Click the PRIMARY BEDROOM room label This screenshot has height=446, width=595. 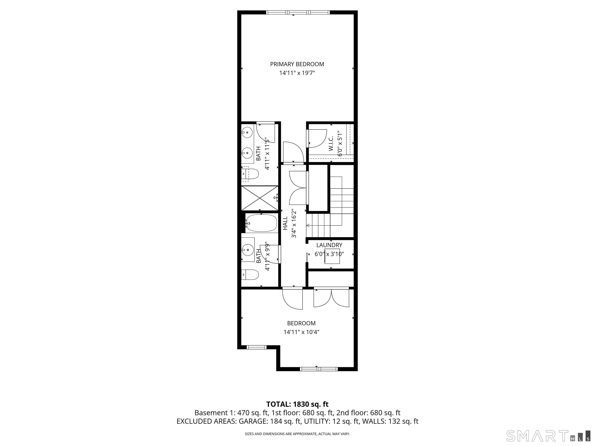pyautogui.click(x=297, y=64)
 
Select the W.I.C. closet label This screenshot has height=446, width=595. pyautogui.click(x=331, y=143)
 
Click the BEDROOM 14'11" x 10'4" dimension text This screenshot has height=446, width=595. pyautogui.click(x=301, y=332)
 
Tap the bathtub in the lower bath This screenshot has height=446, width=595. pyautogui.click(x=261, y=223)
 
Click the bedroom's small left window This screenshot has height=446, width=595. pyautogui.click(x=257, y=347)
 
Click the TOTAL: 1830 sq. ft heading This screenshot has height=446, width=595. pyautogui.click(x=297, y=412)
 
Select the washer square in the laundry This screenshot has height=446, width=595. pyautogui.click(x=332, y=256)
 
